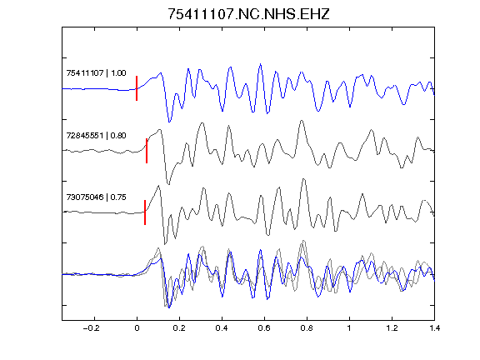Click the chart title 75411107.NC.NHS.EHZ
[x=248, y=14]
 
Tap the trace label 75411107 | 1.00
[x=96, y=73]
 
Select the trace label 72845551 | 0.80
[x=96, y=135]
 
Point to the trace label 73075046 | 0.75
[x=96, y=197]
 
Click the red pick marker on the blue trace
[x=137, y=88]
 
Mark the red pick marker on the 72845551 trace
[x=147, y=151]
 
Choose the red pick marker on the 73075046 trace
[x=145, y=212]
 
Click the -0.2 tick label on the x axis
[x=92, y=328]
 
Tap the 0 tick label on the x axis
[x=137, y=328]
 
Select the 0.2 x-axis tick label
[x=179, y=328]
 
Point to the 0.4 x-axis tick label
[x=222, y=328]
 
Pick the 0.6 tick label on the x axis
[x=264, y=328]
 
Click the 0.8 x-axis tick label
[x=307, y=328]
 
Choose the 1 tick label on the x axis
[x=349, y=328]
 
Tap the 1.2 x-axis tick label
[x=392, y=328]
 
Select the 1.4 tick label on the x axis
[x=434, y=328]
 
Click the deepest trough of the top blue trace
[x=169, y=122]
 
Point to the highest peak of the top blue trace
[x=261, y=64]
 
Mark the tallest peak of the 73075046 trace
[x=303, y=179]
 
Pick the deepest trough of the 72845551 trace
[x=168, y=184]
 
